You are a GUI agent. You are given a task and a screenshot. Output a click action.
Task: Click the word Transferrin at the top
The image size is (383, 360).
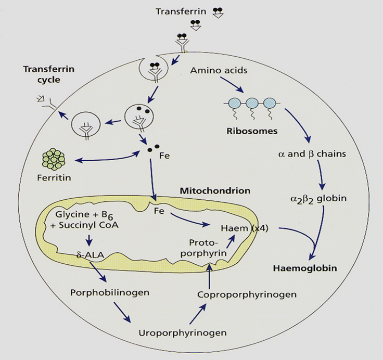click(181, 11)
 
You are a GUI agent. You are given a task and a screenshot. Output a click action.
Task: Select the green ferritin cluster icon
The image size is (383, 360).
click(54, 159)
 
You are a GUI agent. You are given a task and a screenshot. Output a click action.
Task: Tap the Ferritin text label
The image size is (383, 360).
click(54, 177)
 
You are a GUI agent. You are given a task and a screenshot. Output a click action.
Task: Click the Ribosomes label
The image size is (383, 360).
click(252, 131)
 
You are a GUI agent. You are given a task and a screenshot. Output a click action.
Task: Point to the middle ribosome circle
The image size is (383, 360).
click(252, 104)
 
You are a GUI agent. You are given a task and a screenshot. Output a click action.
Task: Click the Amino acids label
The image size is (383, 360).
click(219, 70)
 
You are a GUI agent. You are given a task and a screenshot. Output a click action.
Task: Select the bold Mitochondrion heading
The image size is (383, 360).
click(215, 191)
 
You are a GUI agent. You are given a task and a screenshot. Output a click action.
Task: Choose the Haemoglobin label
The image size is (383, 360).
click(305, 268)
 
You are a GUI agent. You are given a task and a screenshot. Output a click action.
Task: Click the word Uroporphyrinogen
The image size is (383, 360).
click(183, 333)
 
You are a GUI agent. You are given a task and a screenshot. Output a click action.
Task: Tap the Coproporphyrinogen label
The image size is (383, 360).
click(247, 294)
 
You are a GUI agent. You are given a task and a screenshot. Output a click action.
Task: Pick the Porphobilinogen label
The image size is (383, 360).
click(110, 292)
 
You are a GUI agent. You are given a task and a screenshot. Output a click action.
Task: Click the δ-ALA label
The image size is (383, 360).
click(90, 255)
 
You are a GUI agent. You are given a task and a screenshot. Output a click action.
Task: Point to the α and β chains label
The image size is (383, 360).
click(312, 154)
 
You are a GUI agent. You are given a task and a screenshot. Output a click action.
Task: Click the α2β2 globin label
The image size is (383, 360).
click(318, 199)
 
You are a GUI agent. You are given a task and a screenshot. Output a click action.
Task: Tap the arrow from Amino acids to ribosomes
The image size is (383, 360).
click(232, 85)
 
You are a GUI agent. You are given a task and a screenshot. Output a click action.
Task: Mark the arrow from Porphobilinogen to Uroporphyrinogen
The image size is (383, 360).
click(122, 313)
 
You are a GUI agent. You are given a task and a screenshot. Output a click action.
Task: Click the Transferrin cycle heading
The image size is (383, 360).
click(49, 74)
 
